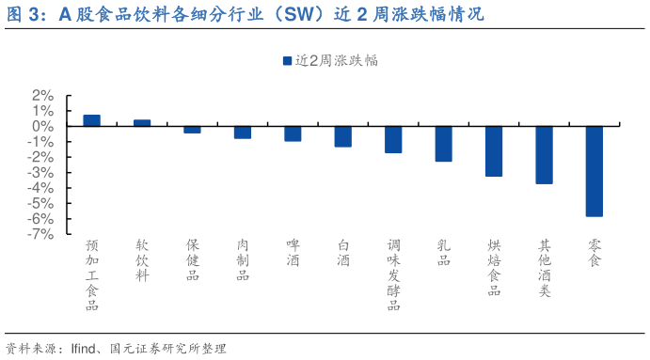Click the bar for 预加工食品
click(91, 120)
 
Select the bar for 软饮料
click(142, 123)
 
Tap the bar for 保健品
click(192, 130)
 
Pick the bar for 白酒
click(343, 136)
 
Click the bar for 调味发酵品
click(393, 140)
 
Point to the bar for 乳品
click(443, 144)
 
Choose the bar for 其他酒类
click(544, 155)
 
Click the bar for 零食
click(595, 171)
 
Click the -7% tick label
click(39, 234)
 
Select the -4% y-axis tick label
click(39, 188)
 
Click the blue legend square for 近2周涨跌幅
click(287, 60)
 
